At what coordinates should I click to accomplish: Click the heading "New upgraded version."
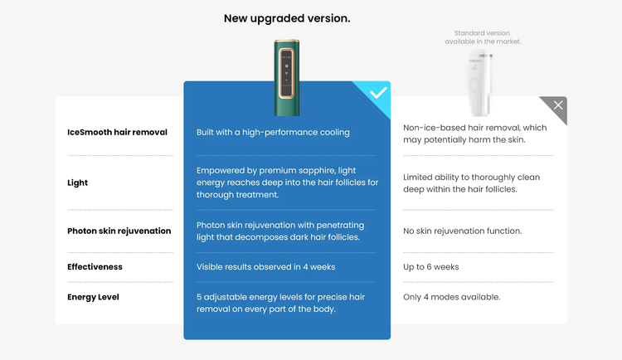[x=287, y=18]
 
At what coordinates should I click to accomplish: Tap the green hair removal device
[x=286, y=77]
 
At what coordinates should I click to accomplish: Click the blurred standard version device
[x=480, y=83]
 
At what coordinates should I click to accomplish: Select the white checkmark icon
[x=378, y=93]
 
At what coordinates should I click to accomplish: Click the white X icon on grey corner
[x=558, y=105]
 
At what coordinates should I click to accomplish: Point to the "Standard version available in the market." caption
[x=483, y=37]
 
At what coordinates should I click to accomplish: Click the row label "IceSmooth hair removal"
[x=117, y=132]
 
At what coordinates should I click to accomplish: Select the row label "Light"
[x=77, y=183]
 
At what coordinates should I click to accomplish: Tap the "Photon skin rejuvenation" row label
[x=119, y=231]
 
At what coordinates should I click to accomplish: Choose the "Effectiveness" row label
[x=95, y=267]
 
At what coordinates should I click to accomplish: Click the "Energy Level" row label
[x=93, y=297]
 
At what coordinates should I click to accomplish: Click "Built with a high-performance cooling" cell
[x=273, y=132]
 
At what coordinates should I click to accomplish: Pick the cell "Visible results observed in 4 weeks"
[x=265, y=267]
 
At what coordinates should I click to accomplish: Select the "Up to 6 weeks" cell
[x=430, y=267]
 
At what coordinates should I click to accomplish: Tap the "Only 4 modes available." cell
[x=451, y=297]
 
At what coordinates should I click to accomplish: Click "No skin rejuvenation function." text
[x=463, y=231]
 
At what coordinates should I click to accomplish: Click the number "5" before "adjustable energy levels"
[x=199, y=297]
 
